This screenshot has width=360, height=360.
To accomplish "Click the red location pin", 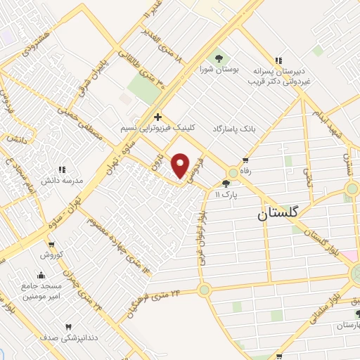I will coord(181,165).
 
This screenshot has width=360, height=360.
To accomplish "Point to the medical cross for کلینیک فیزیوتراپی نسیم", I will coord(158,117).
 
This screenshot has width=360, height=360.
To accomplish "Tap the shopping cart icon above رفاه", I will coord(245,161).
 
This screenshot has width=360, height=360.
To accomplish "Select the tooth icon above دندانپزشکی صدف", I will coord(68,327).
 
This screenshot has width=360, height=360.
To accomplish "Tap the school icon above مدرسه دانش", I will coord(61,169).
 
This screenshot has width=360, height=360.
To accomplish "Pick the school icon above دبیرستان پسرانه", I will coord(280,60).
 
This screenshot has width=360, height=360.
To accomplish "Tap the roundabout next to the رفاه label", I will coord(233,172).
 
